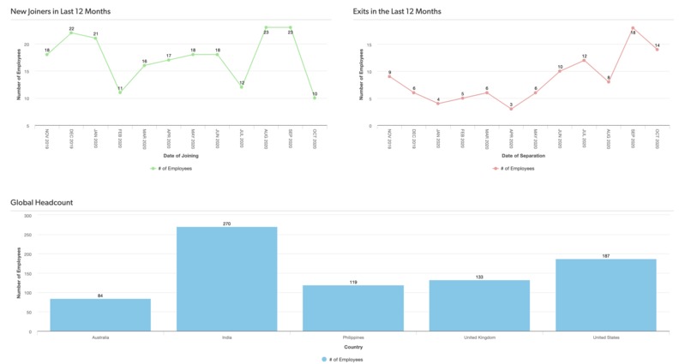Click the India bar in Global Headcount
pos(226,279)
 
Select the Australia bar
pos(100,314)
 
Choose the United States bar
pos(605,295)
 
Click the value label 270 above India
pos(226,224)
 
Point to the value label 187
pos(605,255)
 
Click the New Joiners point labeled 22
pos(71,33)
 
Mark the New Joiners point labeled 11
pos(120,92)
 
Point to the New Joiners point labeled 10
pos(315,98)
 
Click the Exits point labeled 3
pos(511,109)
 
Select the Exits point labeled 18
pos(633,28)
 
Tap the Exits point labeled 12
pos(584,60)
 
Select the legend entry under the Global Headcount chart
pos(343,360)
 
